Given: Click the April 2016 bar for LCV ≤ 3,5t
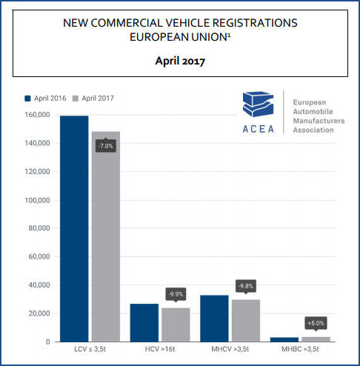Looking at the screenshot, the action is click(74, 229).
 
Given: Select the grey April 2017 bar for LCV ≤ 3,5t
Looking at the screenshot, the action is click(106, 236).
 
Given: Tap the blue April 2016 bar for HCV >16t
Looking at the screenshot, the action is click(144, 323).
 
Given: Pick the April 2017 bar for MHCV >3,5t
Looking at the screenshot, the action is click(246, 321).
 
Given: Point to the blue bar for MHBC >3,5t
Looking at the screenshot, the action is click(284, 339).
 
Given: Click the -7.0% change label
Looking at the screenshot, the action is click(106, 145).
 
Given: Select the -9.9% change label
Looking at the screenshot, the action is click(176, 295).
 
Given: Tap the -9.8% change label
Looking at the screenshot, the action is click(246, 287).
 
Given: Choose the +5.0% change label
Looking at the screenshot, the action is click(316, 324).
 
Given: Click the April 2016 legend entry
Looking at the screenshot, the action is click(45, 99).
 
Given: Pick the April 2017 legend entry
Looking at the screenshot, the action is click(93, 99).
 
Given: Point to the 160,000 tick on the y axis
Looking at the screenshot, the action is click(37, 115).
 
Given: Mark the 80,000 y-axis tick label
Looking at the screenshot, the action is click(39, 228).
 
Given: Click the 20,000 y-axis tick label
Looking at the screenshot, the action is click(39, 313).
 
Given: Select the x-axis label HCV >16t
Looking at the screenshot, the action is click(160, 349).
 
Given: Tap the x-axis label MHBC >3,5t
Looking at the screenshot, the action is click(300, 349).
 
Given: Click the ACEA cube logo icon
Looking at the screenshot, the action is click(258, 104).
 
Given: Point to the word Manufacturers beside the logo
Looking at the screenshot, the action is click(319, 121).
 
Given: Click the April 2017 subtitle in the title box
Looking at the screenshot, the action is click(180, 61).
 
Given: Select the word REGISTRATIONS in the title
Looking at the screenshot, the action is click(255, 23).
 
